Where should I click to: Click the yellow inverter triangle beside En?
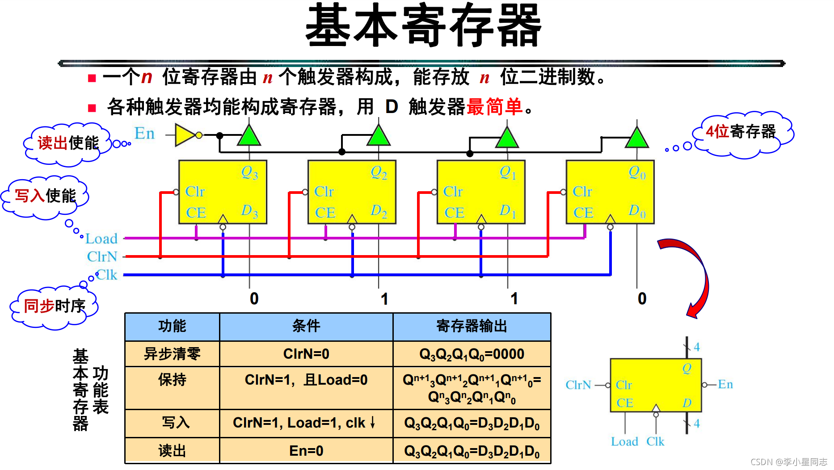[185, 135]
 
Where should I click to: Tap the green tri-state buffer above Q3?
[249, 136]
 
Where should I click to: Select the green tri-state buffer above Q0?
[637, 138]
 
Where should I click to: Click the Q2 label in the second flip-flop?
[379, 172]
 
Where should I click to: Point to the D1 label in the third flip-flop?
[508, 210]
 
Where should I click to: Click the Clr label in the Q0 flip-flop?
[582, 192]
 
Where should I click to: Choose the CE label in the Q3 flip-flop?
[196, 213]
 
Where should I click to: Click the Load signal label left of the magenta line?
[101, 239]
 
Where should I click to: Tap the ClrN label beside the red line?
[102, 256]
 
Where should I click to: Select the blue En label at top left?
[144, 133]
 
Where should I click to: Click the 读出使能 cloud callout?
[67, 143]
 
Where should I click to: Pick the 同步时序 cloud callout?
[54, 306]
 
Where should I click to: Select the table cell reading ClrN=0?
[306, 354]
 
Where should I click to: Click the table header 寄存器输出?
[472, 327]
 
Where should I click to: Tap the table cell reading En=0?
[306, 451]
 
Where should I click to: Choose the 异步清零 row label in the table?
[172, 354]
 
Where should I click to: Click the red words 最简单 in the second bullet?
[494, 107]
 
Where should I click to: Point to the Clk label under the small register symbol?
[655, 441]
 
